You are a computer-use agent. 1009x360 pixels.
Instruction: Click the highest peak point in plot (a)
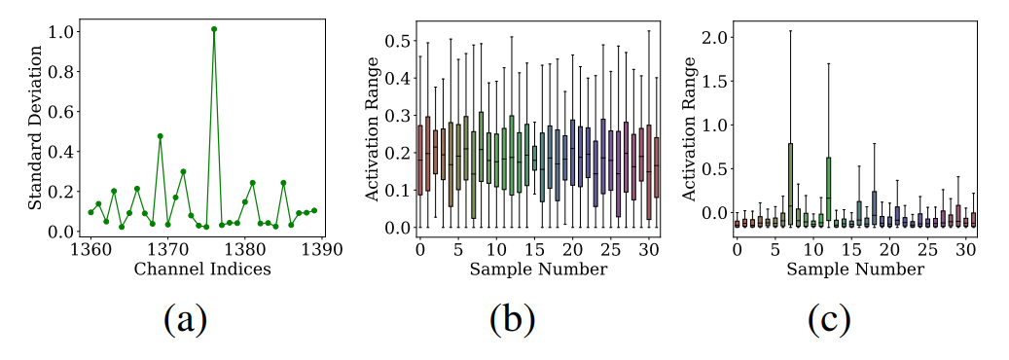point(213,29)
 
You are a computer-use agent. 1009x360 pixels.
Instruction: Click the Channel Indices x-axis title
point(202,269)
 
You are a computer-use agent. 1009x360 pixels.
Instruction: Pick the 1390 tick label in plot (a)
point(322,250)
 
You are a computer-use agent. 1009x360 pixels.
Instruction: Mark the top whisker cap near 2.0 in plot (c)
point(790,31)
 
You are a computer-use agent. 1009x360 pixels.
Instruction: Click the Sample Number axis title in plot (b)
point(538,269)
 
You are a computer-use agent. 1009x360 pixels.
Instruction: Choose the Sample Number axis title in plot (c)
point(855,269)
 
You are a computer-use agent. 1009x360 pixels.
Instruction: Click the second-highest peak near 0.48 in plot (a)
point(160,136)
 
